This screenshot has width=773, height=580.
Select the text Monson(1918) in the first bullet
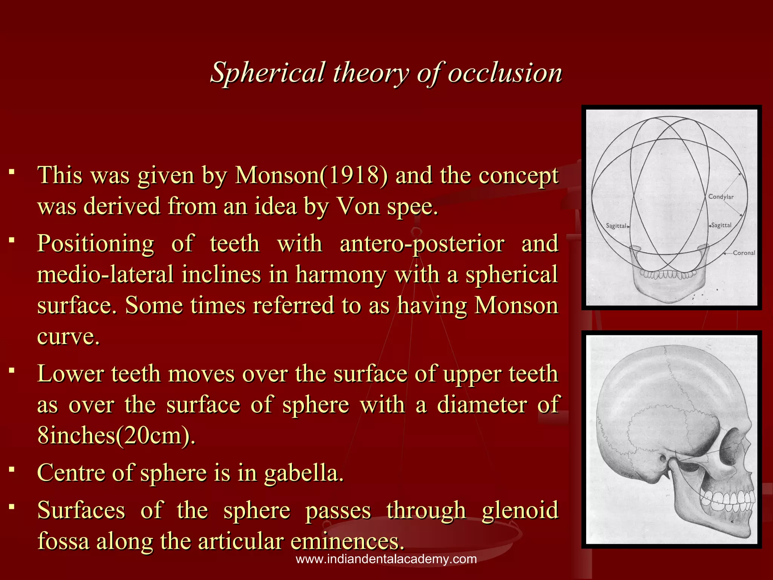[311, 176]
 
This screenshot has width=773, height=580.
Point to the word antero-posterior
[422, 244]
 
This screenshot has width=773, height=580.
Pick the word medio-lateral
[105, 275]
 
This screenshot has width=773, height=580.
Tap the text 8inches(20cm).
[116, 435]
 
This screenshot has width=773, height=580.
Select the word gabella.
[304, 473]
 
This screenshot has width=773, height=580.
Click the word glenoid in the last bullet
[520, 511]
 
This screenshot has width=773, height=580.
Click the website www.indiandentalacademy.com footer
[386, 559]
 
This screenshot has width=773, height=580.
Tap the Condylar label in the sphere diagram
[721, 197]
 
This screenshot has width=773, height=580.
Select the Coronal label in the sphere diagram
[744, 253]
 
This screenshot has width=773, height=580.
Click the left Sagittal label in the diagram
[616, 226]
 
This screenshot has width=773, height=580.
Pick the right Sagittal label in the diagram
[721, 225]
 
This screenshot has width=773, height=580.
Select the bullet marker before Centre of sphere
[12, 470]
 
